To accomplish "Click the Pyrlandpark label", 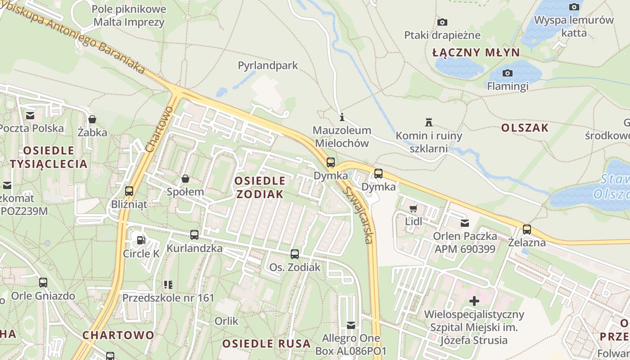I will point(268,66).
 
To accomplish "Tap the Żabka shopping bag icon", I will point(92,119).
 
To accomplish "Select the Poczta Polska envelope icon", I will point(30,116).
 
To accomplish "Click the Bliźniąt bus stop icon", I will point(129,191).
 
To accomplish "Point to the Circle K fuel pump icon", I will point(141,240).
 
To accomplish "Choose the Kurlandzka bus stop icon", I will point(194,235).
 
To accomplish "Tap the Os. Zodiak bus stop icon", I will point(295,254).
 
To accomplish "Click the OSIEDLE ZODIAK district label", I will point(260,188).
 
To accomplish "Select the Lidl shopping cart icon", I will point(414,209).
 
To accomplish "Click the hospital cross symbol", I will point(474,301).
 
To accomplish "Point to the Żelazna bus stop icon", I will point(527,229).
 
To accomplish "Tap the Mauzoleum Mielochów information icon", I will point(342,118).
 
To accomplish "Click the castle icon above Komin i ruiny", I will point(429,122).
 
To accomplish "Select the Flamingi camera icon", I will point(508,73).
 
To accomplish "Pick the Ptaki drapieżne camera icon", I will point(442,22).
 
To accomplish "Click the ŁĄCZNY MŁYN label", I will point(476,53).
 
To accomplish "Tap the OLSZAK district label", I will point(525,128).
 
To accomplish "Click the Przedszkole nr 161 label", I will point(168,298).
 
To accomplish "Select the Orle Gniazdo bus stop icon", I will point(43,283).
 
